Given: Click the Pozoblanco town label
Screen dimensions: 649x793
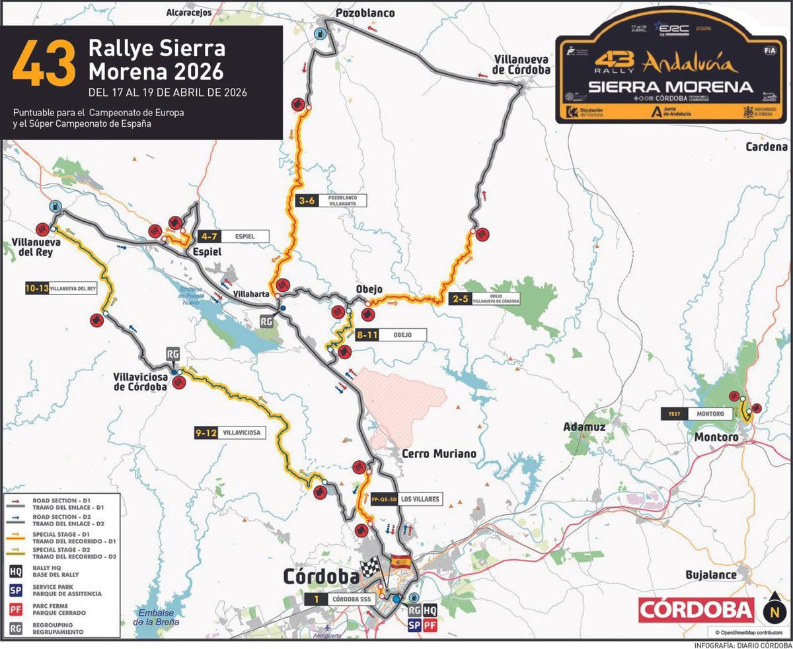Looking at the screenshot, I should click(365, 13).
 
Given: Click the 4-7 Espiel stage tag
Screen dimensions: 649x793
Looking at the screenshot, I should click(235, 236).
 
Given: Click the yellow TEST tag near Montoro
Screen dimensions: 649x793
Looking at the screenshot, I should click(674, 414).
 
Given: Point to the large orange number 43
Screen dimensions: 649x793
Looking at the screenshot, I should click(44, 63).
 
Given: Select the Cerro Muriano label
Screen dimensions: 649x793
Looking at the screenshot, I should click(439, 454).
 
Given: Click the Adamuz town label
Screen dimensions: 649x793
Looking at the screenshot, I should click(584, 427).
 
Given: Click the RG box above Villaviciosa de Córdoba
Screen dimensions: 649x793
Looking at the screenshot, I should click(172, 354).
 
